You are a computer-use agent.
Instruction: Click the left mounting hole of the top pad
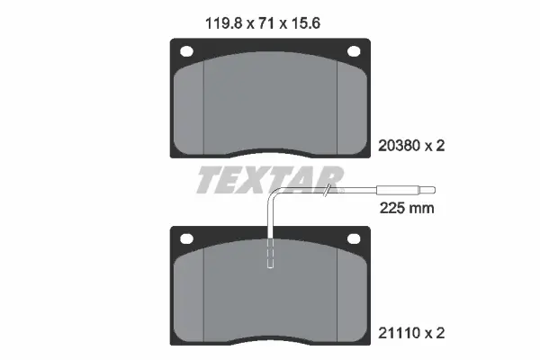pyautogui.click(x=187, y=51)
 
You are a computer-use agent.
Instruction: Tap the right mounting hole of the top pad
pyautogui.click(x=353, y=51)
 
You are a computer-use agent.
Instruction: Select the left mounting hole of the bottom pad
pyautogui.click(x=187, y=240)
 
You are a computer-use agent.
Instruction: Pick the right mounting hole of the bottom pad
pyautogui.click(x=353, y=240)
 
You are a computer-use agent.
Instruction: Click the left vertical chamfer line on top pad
pyautogui.click(x=204, y=103)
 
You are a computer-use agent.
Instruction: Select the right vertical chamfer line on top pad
pyautogui.click(x=337, y=103)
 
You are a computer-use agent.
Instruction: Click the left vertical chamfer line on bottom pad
pyautogui.click(x=204, y=292)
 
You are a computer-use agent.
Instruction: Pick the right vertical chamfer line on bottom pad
pyautogui.click(x=337, y=292)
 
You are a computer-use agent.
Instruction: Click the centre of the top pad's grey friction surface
pyautogui.click(x=270, y=103)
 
